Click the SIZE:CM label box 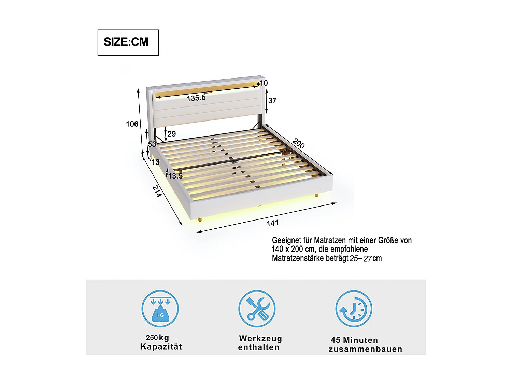pos(128,42)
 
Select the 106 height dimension pos(132,124)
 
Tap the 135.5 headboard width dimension pos(196,98)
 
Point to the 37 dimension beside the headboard pos(272,100)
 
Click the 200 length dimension pos(299,144)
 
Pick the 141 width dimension pos(273,223)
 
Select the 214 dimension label pos(157,191)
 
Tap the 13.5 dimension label pos(175,176)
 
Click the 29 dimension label pos(172,134)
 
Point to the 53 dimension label pos(152,144)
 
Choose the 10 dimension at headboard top pos(264,83)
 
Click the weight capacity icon pos(160,309)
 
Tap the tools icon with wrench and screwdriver pos(257,309)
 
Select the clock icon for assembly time pos(354,309)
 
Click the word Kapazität pos(161,347)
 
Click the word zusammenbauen pos(365,349)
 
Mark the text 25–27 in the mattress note pos(360,258)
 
